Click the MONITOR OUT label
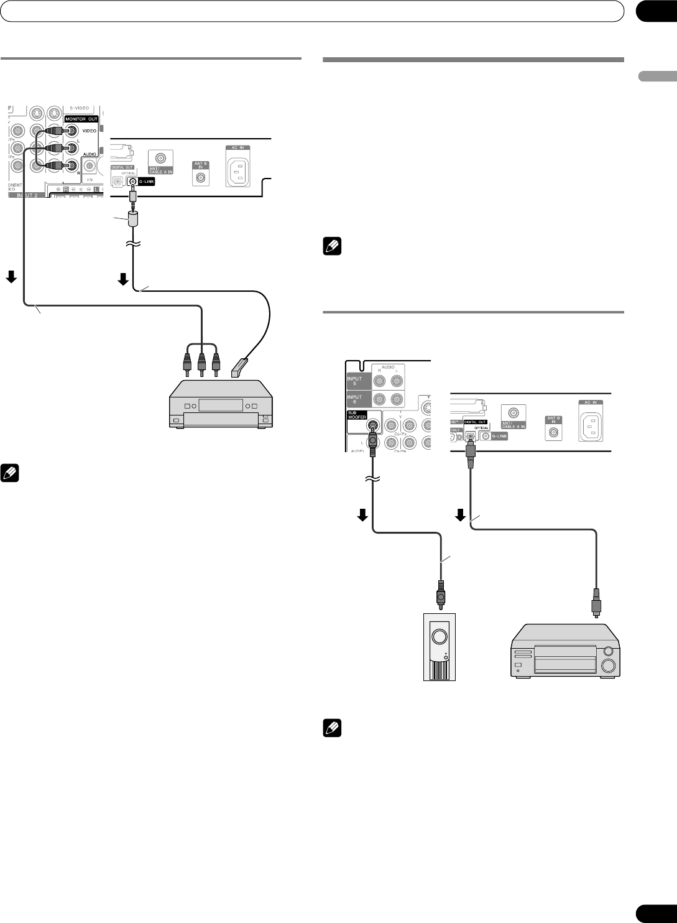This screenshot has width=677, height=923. (80, 118)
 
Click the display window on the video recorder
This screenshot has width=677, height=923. (218, 405)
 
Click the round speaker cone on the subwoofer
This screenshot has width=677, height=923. (439, 636)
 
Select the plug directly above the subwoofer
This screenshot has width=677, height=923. (440, 594)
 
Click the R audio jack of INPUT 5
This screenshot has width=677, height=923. (379, 381)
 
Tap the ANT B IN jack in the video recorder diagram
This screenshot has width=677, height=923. (201, 177)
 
